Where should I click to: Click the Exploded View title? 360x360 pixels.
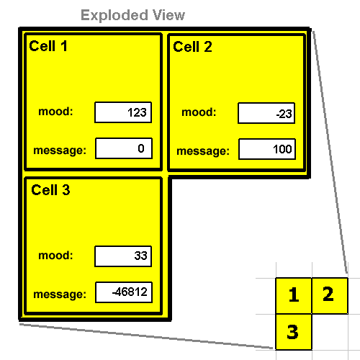click(x=132, y=15)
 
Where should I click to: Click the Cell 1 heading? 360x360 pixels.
click(x=48, y=46)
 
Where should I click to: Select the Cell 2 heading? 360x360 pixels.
click(x=192, y=47)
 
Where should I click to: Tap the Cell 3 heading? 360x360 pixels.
click(x=50, y=190)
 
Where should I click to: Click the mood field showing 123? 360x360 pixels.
click(x=123, y=112)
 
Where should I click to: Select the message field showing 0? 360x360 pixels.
click(x=124, y=148)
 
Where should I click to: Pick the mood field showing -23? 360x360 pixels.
click(x=266, y=113)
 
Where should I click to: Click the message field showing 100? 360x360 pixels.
click(x=267, y=149)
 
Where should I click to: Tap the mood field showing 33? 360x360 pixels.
click(x=123, y=256)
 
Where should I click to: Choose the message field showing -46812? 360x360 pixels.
click(x=124, y=292)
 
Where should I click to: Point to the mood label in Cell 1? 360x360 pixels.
click(x=55, y=112)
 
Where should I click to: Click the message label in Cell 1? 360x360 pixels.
click(x=60, y=150)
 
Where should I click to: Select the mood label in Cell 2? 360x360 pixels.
click(x=199, y=112)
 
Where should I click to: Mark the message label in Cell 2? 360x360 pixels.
click(x=203, y=151)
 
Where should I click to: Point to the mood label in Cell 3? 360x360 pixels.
click(x=55, y=255)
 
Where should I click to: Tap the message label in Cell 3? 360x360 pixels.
click(x=60, y=294)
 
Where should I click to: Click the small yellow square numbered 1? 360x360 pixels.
click(x=294, y=296)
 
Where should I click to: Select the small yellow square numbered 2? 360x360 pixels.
click(x=330, y=296)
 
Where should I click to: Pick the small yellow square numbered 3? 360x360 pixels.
click(x=294, y=332)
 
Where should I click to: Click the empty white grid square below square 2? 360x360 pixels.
click(x=330, y=332)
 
